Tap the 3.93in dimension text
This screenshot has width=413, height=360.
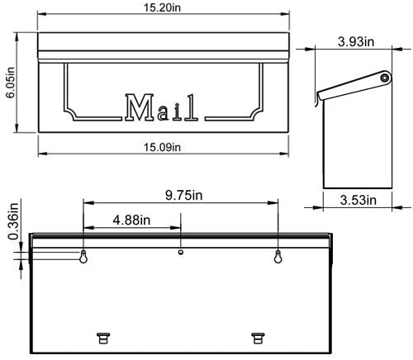tap(355, 40)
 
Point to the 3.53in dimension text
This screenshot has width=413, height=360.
tap(356, 200)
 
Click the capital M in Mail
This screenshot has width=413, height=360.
tap(138, 107)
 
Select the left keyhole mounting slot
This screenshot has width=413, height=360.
tap(84, 257)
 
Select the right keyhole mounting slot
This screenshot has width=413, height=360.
tap(278, 257)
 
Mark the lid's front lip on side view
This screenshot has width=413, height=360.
tap(316, 99)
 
